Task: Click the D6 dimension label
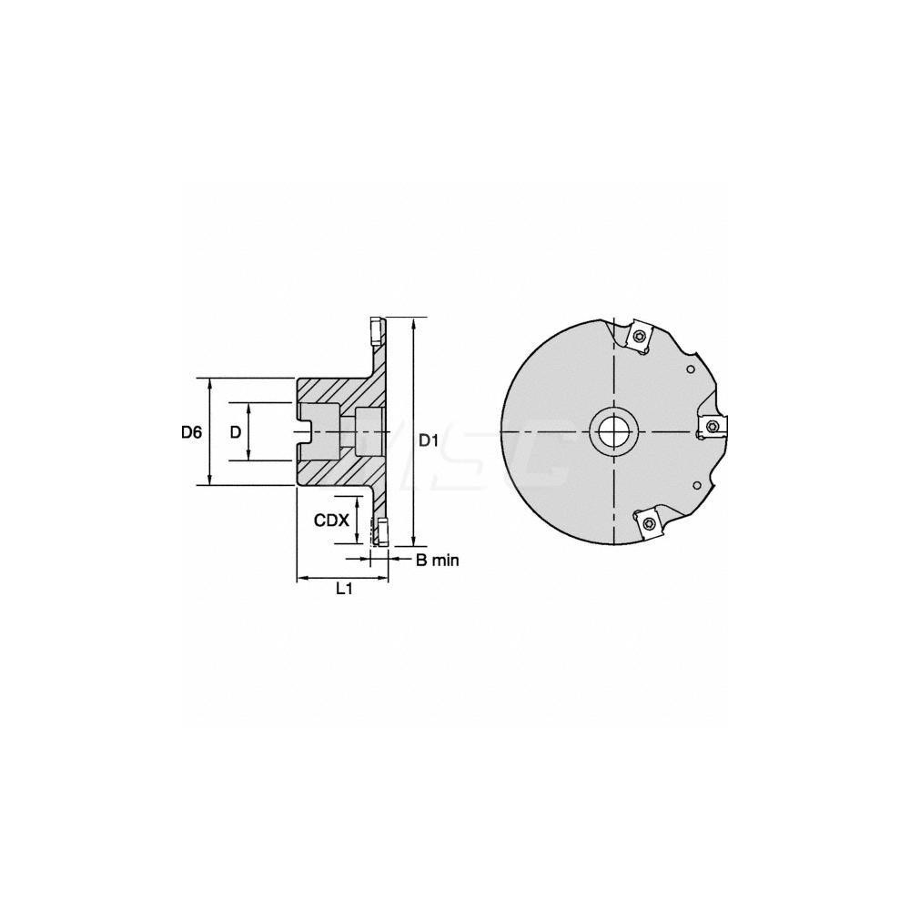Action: [190, 432]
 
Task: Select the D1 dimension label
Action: [429, 440]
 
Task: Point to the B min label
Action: [438, 561]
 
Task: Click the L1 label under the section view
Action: [344, 590]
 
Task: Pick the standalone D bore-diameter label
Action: [236, 432]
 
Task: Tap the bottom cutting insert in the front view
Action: [648, 521]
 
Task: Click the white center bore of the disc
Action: [613, 430]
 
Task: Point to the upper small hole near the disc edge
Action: [692, 369]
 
